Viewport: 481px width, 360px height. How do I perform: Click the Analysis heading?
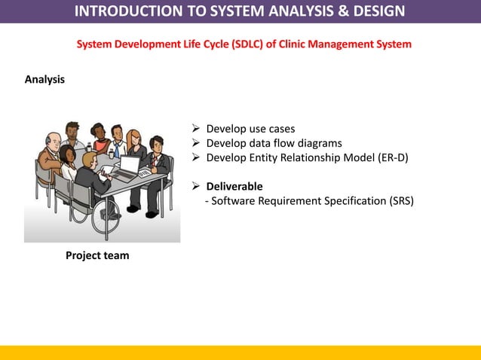44,79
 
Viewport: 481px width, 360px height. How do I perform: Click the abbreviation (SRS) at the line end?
400,200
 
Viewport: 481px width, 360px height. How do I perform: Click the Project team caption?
97,255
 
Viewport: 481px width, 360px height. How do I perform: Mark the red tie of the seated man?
154,161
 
